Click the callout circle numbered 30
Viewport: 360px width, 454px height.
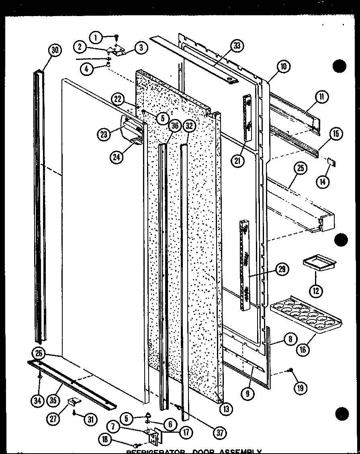pos(55,50)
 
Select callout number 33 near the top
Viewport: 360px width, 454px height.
pos(237,46)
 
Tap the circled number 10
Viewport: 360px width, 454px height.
pos(283,67)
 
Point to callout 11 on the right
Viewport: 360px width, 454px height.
pos(322,97)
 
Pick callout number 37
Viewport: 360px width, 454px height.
pos(220,432)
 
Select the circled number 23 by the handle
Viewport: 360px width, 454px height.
pos(104,135)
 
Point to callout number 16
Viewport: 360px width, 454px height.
pos(303,349)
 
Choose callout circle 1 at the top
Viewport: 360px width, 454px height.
pos(96,38)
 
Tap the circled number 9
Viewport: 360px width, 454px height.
pos(248,393)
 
